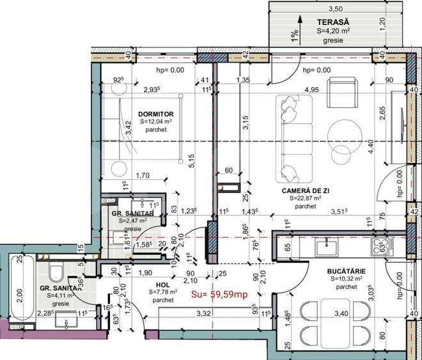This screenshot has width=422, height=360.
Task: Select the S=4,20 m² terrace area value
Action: pyautogui.click(x=333, y=30)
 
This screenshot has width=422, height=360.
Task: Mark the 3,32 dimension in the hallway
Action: pyautogui.click(x=204, y=313)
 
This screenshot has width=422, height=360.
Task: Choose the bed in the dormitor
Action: pyautogui.click(x=141, y=134)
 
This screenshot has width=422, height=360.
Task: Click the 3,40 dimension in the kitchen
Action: pyautogui.click(x=342, y=313)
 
